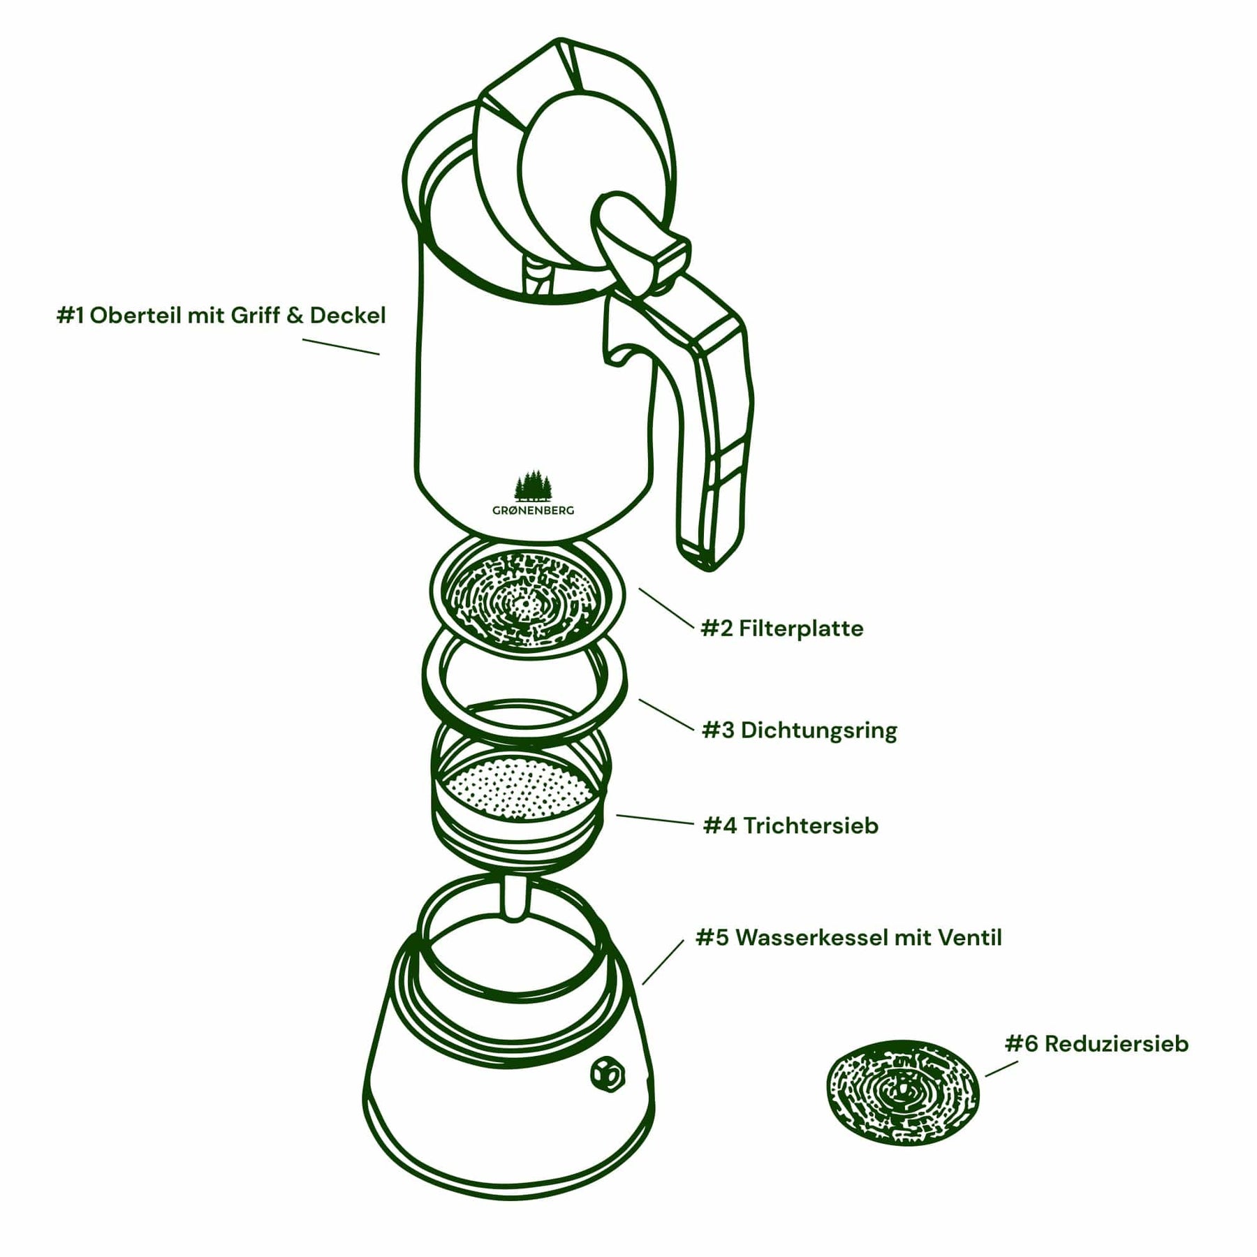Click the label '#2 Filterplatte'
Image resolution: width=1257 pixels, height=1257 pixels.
[x=781, y=628]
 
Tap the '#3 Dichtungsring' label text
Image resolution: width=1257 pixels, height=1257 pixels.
[x=799, y=730]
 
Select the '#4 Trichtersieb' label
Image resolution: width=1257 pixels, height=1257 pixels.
[x=791, y=825]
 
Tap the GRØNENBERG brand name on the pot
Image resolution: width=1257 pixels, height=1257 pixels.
[x=534, y=510]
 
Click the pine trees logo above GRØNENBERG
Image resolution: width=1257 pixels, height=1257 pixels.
[x=534, y=486]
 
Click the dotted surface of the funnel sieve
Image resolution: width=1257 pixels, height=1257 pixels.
[x=520, y=789]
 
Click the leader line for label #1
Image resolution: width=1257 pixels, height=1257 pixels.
[x=341, y=347]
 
